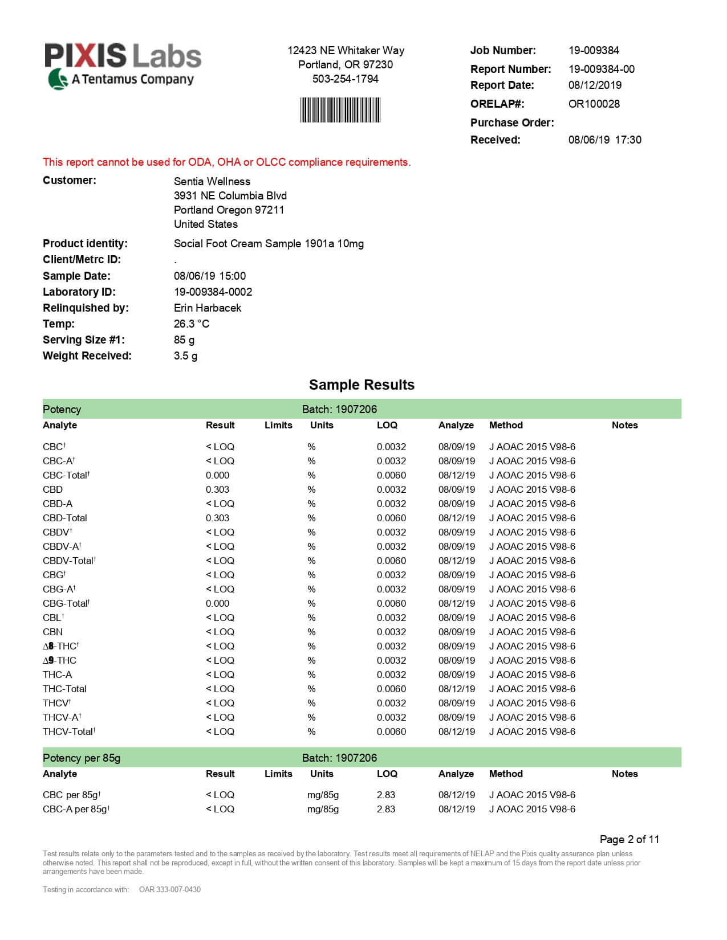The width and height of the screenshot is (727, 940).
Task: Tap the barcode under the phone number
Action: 340,110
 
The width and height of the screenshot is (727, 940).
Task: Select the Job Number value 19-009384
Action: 594,51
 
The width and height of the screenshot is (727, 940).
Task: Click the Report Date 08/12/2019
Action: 595,85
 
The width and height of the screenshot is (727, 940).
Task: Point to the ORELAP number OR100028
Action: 594,104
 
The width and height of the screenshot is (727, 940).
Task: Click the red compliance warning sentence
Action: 226,162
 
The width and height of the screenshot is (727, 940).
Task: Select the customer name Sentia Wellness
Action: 212,182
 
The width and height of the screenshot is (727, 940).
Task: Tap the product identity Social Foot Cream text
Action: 269,244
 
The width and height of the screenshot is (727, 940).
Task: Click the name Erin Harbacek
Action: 207,308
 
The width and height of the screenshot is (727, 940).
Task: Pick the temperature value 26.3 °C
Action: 191,324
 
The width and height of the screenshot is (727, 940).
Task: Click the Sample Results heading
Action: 362,385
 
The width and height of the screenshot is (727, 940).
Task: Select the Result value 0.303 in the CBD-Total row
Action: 217,518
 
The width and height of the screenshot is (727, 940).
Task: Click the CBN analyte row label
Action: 52,632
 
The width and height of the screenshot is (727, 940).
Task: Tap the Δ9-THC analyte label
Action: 59,661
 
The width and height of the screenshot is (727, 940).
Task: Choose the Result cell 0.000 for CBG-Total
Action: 217,604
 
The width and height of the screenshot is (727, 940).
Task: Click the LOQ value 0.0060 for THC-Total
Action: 391,689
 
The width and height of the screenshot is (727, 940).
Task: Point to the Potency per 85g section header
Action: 82,758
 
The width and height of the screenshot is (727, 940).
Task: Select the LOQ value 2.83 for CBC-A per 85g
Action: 385,810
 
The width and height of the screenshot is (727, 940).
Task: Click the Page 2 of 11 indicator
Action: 629,840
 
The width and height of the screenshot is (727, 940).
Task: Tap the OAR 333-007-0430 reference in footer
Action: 170,890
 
